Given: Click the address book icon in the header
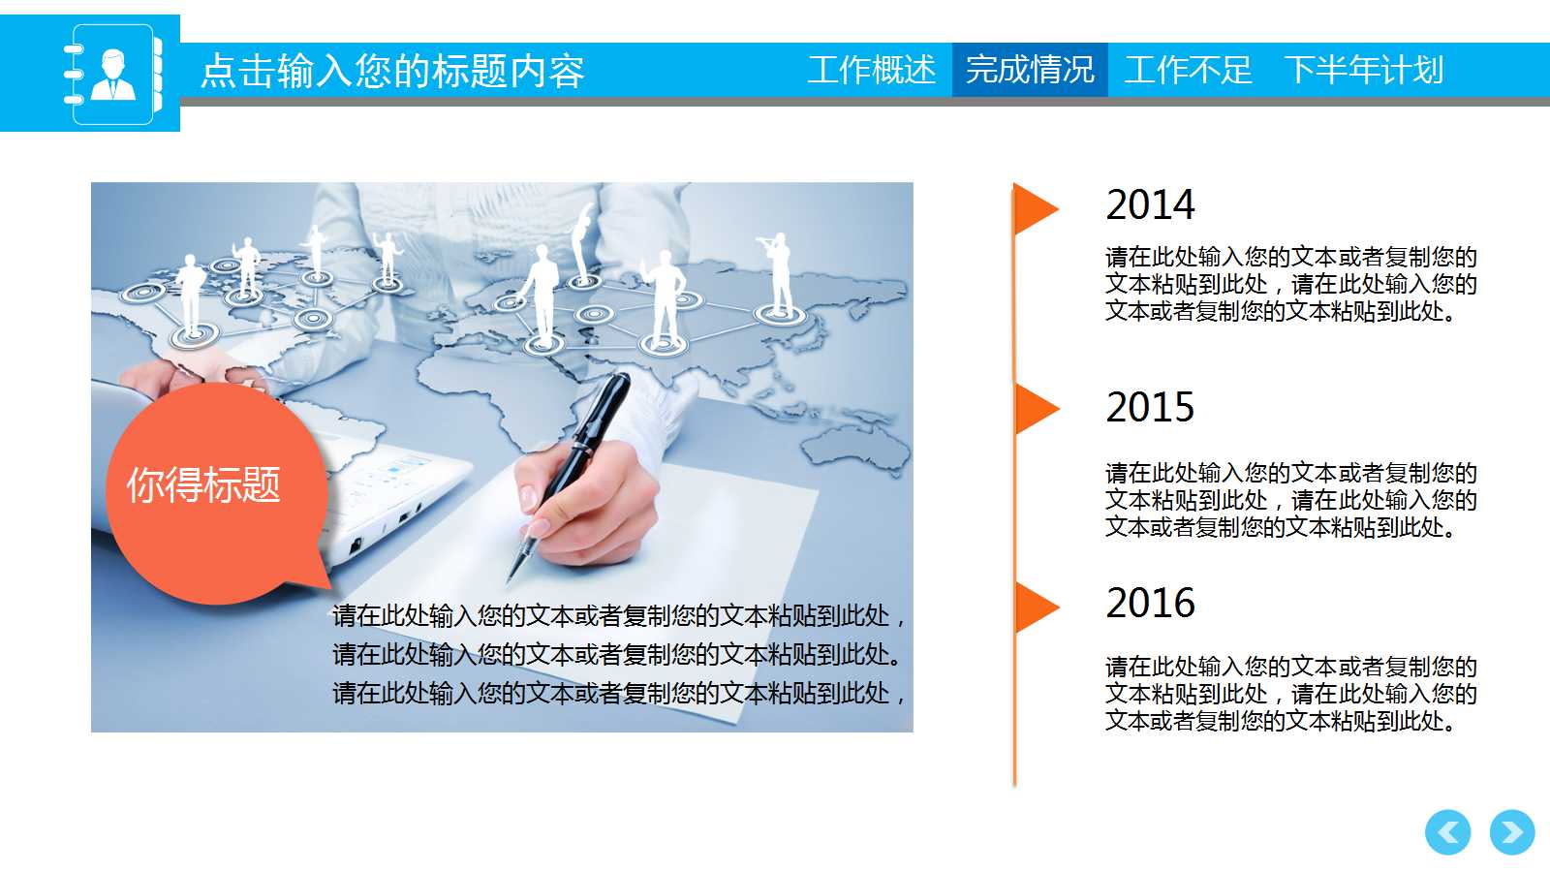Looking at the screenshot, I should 112,74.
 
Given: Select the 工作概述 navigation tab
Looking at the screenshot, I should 871,70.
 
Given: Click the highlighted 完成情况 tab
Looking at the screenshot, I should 1030,70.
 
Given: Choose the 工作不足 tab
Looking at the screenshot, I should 1188,70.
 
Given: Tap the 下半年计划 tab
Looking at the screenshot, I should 1363,70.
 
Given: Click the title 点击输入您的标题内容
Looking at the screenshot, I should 392,72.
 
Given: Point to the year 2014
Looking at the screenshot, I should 1150,204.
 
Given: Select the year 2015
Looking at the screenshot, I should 1150,407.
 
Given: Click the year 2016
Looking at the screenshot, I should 1150,603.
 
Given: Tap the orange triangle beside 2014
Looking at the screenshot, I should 1035,209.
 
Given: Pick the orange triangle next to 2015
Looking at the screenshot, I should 1035,409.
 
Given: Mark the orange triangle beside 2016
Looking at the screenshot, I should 1035,607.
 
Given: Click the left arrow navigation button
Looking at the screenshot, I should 1447,832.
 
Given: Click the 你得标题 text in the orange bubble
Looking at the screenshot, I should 203,484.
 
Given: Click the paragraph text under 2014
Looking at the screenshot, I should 1290,284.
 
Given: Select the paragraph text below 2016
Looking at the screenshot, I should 1290,694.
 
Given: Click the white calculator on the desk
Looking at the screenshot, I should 387,494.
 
